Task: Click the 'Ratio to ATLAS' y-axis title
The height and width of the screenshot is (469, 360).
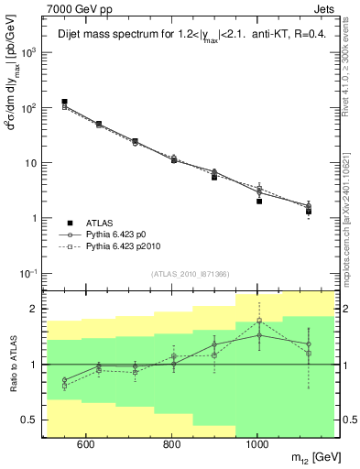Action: tap(12, 364)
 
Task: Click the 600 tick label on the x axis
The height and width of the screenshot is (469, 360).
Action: tap(85, 445)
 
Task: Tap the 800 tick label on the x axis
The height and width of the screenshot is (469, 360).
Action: tap(171, 445)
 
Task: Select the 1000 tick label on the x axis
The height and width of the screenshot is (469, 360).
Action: tap(258, 445)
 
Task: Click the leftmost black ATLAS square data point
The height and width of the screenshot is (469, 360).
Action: tap(64, 102)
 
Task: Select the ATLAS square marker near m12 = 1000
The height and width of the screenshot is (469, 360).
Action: tap(259, 202)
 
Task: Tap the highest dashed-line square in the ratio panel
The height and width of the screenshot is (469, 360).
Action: tap(259, 321)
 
